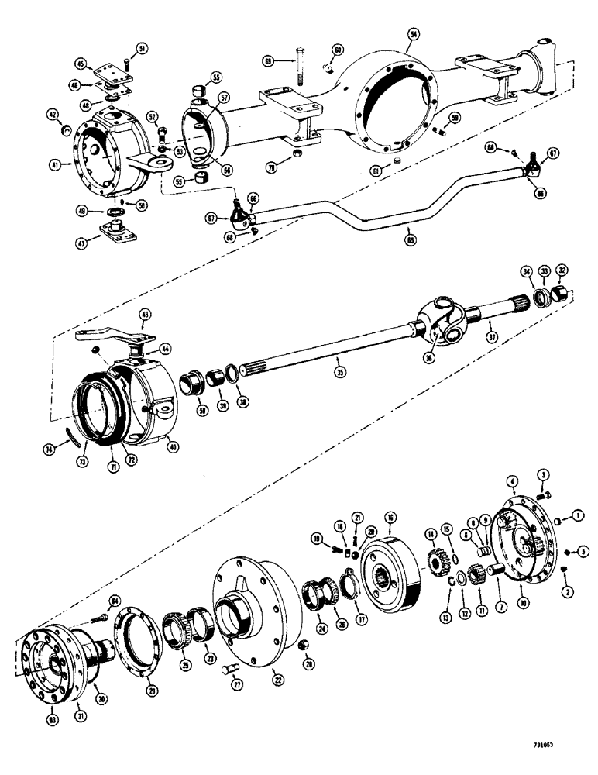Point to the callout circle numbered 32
tap(562, 271)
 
